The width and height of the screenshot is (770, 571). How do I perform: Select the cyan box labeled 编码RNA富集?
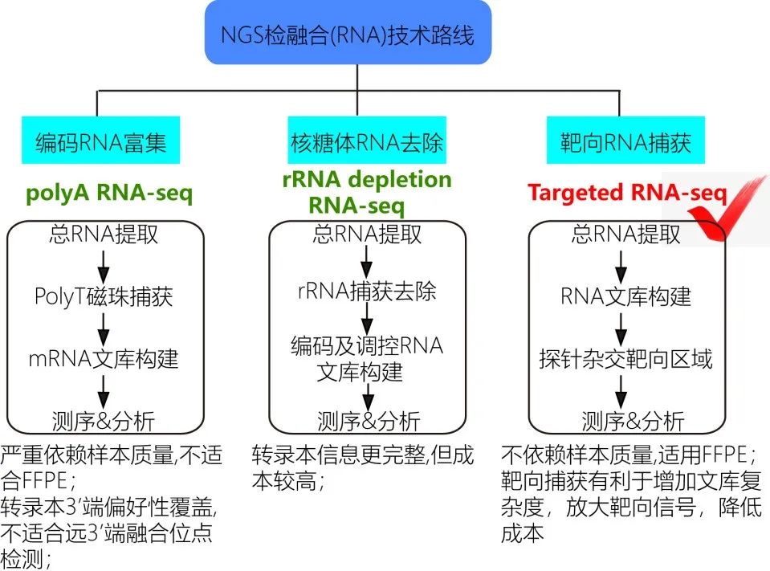click(x=100, y=145)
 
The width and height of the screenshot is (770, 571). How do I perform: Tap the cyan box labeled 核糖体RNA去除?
click(x=366, y=145)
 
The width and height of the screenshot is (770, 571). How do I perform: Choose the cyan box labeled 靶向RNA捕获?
click(x=625, y=145)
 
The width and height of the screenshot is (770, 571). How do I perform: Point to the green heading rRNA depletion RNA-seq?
click(x=367, y=192)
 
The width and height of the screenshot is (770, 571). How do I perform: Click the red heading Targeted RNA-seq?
click(x=627, y=194)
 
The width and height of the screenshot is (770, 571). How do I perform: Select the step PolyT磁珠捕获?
click(x=104, y=297)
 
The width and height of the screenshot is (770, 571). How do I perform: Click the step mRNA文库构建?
click(x=104, y=359)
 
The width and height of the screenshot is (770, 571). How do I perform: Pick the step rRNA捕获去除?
click(x=366, y=292)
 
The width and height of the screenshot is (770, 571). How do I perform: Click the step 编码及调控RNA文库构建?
click(x=366, y=359)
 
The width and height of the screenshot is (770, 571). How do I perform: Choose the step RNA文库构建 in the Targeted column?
click(x=625, y=297)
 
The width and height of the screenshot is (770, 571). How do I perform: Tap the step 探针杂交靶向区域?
click(x=625, y=359)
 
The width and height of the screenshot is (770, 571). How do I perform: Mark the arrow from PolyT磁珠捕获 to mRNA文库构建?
click(x=104, y=328)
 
